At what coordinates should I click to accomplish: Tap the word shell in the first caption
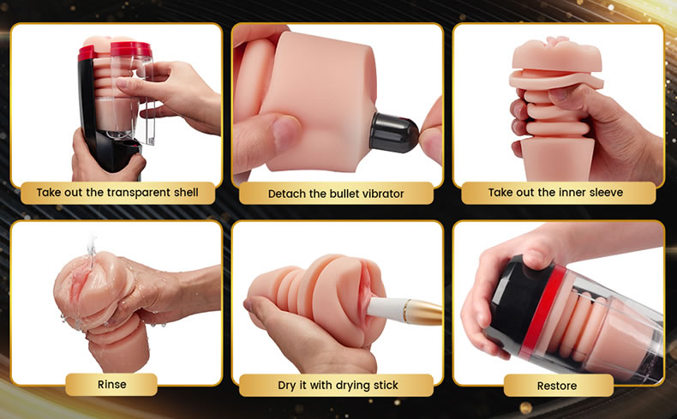coord(186,192)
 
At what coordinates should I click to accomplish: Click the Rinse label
coord(111,385)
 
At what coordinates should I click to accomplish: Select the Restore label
coord(556,386)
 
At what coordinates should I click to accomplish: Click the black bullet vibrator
coord(393,133)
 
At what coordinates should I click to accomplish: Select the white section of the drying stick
coord(387,309)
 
